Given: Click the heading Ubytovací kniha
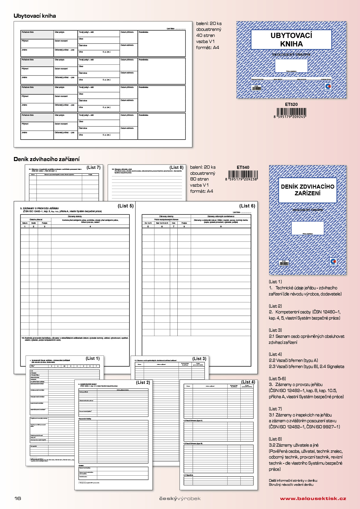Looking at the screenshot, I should coord(35,16).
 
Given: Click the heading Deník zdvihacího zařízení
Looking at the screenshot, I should coord(46,159).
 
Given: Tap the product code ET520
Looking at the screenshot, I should coord(291,104).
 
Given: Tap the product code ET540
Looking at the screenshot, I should coord(243,167).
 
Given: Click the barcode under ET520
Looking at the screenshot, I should coord(291,112).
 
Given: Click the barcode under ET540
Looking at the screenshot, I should coord(243,175).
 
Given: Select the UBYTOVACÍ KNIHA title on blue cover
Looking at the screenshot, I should coord(291,40).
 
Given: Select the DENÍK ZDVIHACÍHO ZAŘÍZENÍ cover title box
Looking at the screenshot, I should coord(307,190).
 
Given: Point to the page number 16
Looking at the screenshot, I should coord(18,498).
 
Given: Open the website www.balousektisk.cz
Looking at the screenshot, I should coord(313,499).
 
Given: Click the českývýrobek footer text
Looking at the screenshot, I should coord(180,499).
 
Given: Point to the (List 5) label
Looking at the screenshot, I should coord(126,206).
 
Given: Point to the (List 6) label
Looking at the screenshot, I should coord(247,206).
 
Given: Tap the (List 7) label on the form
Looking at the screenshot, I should coord(93,167).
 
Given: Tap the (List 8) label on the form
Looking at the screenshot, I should coord(177,167).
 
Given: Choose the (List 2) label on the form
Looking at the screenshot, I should coord(143,382).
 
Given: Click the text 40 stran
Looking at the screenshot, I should coord(206,35).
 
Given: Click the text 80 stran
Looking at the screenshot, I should coord(199,179).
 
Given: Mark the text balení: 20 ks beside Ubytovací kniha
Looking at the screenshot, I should coord(209,24).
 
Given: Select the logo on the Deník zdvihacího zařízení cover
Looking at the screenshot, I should coord(333,261).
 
